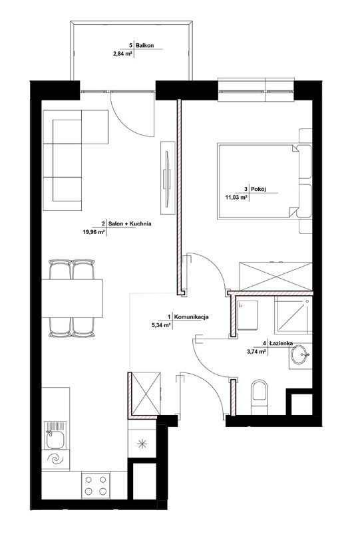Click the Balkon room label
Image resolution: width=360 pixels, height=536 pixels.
click(x=145, y=45)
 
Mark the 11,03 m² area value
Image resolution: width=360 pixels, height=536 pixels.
click(x=236, y=198)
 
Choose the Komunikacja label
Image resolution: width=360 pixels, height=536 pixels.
click(x=192, y=317)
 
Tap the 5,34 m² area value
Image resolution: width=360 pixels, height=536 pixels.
click(x=161, y=325)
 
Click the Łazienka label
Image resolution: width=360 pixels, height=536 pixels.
click(x=281, y=343)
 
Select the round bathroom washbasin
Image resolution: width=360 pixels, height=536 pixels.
click(x=301, y=354)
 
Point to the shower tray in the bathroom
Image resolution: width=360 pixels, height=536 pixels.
click(x=293, y=315)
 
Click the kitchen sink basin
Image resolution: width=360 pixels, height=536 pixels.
click(x=55, y=440)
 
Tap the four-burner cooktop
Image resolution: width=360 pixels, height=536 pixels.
click(x=96, y=485)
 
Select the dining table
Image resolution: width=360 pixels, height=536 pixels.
click(x=72, y=299)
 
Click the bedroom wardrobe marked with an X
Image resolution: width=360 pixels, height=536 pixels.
click(x=275, y=277)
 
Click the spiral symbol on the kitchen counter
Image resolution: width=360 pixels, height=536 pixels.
click(x=55, y=460)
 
